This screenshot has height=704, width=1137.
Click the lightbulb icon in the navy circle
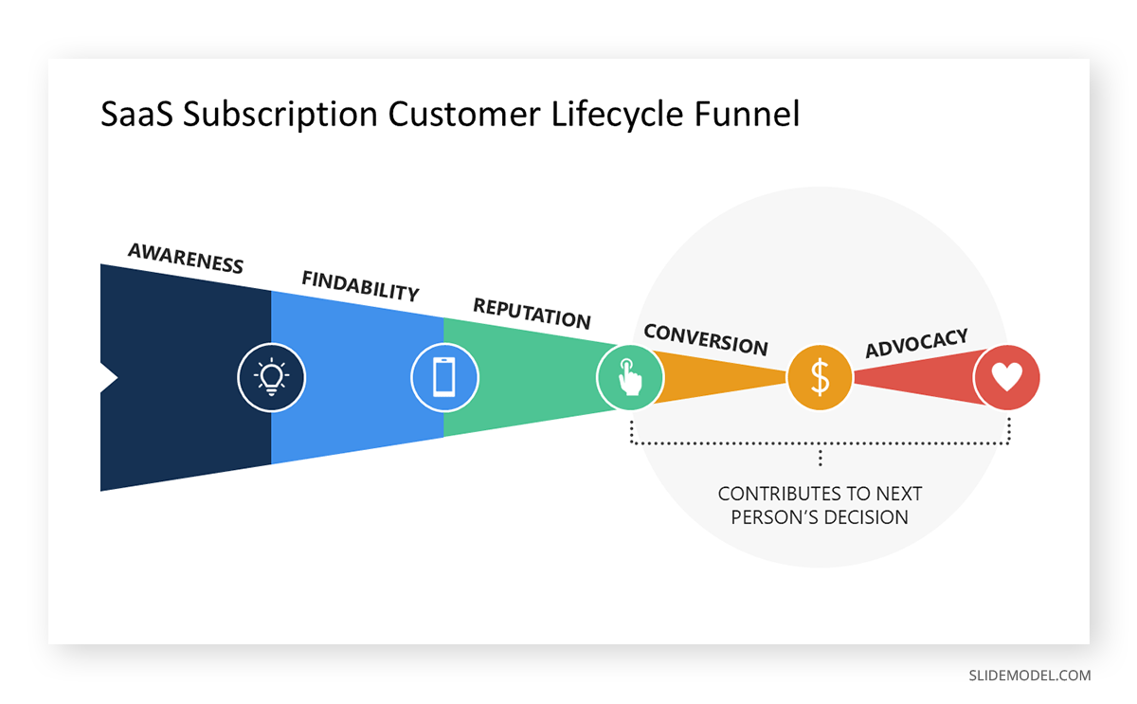[271, 377]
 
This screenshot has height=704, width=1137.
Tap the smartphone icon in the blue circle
[444, 377]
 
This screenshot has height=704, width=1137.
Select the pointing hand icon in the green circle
[629, 376]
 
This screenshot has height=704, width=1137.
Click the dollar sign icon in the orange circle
[820, 377]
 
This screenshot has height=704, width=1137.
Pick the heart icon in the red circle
[1006, 377]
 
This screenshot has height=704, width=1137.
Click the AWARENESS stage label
[186, 258]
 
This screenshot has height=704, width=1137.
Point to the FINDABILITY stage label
[360, 285]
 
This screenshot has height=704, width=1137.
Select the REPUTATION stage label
[532, 313]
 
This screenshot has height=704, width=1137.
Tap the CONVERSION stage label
[705, 339]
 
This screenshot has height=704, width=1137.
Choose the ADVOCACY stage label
[916, 343]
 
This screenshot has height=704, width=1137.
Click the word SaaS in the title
[136, 115]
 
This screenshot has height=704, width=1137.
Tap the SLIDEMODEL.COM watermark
[1029, 676]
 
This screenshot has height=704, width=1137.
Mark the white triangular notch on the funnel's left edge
[107, 377]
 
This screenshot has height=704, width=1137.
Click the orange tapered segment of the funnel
[720, 377]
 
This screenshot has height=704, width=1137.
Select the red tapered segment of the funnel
[914, 377]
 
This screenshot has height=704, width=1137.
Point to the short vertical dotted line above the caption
[820, 458]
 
